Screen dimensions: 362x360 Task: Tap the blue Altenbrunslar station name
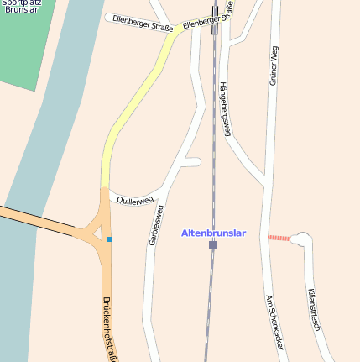214,233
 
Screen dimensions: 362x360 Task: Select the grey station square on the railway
212,244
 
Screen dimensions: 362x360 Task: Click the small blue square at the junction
108,239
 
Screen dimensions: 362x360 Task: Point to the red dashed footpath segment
279,239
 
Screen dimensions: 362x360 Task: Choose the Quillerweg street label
135,201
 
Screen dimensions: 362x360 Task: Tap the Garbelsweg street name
155,224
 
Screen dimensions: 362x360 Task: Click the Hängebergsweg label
225,108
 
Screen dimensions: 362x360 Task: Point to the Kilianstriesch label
314,308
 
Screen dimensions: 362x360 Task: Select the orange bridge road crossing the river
42,221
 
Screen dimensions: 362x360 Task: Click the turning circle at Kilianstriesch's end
300,240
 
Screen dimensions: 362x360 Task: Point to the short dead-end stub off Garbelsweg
191,161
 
